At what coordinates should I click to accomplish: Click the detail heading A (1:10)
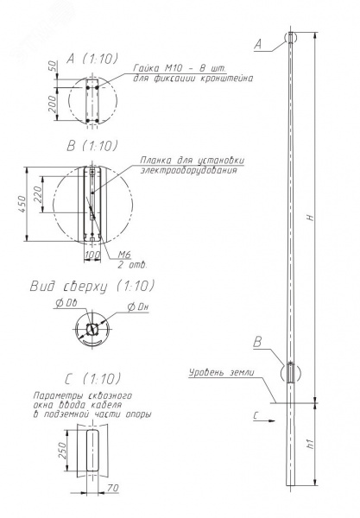pyautogui.click(x=92, y=59)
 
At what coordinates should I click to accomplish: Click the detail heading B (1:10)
pyautogui.click(x=92, y=146)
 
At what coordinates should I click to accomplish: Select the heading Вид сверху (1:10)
pyautogui.click(x=92, y=286)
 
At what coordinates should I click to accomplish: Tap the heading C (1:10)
pyautogui.click(x=93, y=379)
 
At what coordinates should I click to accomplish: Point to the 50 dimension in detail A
pyautogui.click(x=53, y=67)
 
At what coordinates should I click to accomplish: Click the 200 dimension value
pyautogui.click(x=53, y=104)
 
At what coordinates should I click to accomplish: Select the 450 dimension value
pyautogui.click(x=22, y=204)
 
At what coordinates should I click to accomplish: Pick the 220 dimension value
pyautogui.click(x=38, y=194)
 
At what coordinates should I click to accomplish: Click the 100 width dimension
pyautogui.click(x=92, y=255)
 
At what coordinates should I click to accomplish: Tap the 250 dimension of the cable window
pyautogui.click(x=62, y=450)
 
